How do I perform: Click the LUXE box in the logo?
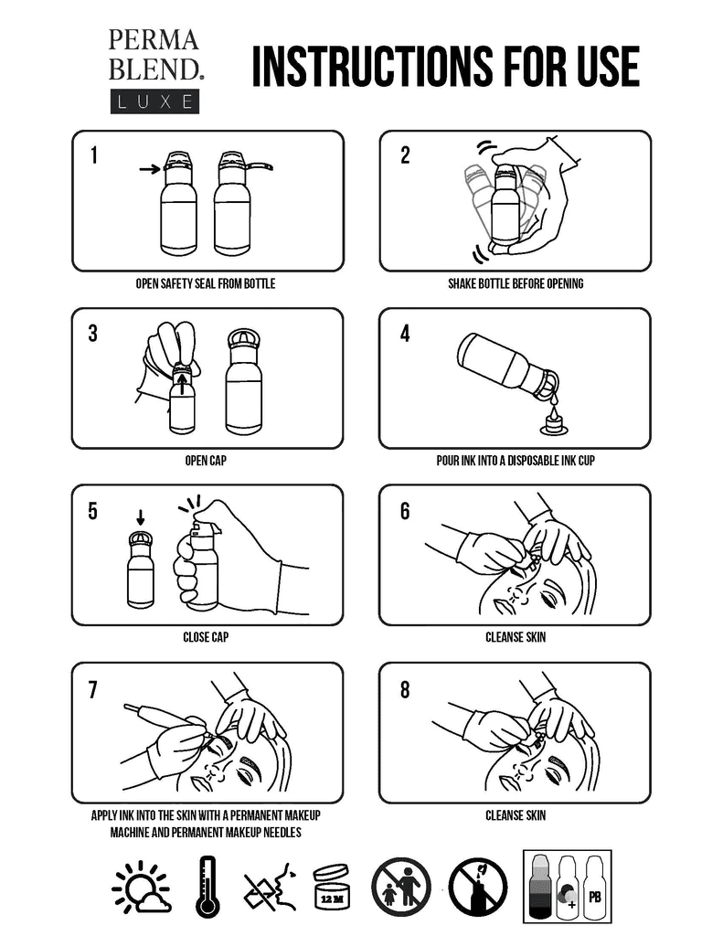click(154, 101)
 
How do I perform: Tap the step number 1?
click(94, 155)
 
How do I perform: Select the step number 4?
click(406, 334)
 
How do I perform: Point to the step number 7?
click(92, 690)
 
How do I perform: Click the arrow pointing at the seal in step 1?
click(150, 169)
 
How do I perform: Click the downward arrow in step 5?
click(140, 517)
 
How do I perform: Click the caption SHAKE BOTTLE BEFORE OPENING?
click(516, 283)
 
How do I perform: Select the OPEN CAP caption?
click(206, 461)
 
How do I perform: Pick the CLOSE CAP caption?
click(206, 637)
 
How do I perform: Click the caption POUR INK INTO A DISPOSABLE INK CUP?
click(516, 461)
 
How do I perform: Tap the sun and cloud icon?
click(142, 888)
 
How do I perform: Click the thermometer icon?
click(207, 887)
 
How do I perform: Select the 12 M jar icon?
click(332, 888)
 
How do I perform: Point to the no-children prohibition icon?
click(401, 888)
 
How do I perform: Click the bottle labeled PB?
click(595, 888)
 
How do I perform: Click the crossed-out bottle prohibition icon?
click(478, 888)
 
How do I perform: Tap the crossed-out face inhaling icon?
click(270, 888)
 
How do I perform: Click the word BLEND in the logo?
click(154, 69)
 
